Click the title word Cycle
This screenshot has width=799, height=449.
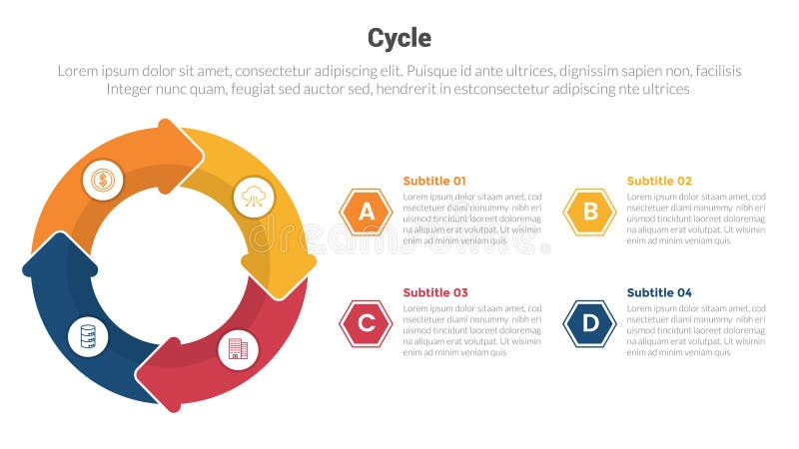tap(399, 38)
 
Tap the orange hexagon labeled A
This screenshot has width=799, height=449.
tap(367, 212)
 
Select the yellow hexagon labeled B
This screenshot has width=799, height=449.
tap(590, 212)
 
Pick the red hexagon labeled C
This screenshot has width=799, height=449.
tap(367, 323)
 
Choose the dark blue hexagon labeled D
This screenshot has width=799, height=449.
tap(590, 323)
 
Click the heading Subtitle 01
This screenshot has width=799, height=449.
tap(434, 181)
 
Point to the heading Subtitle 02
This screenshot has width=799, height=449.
tap(658, 181)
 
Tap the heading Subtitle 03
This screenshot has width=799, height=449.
tap(434, 292)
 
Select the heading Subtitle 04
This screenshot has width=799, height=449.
tap(658, 292)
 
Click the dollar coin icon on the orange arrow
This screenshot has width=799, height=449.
tap(102, 181)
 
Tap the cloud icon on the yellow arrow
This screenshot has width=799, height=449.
tap(253, 198)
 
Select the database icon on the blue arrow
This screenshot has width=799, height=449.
tap(88, 336)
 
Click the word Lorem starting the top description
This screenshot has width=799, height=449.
tap(78, 71)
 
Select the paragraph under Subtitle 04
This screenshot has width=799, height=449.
tap(696, 330)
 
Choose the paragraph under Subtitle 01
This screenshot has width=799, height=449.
tap(472, 219)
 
